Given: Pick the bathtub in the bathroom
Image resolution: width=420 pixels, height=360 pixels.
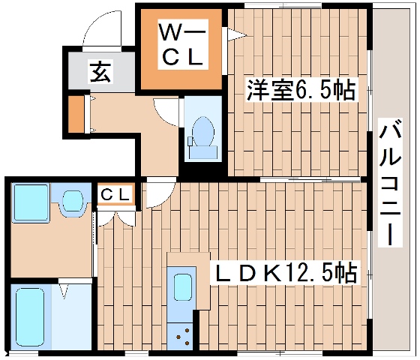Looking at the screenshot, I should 28,316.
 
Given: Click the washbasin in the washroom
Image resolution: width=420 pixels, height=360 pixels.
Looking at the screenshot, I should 73,200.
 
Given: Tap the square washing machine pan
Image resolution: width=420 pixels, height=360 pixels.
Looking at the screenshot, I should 30,202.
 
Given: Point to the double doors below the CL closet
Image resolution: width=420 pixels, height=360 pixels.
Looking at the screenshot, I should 115,215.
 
